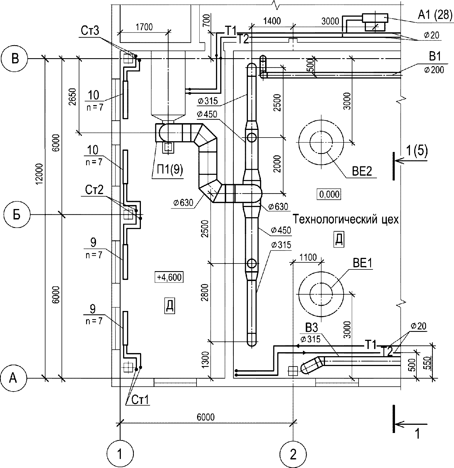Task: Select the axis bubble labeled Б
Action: tap(17, 215)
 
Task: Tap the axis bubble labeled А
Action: tap(13, 378)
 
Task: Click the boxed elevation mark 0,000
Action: tap(330, 195)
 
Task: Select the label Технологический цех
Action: tap(346, 219)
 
